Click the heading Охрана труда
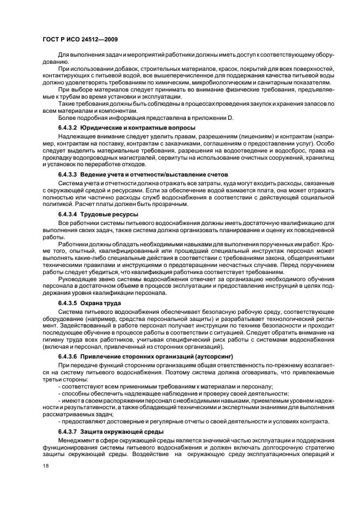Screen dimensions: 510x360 point(105,302)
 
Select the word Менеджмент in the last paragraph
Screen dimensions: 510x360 point(77,440)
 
